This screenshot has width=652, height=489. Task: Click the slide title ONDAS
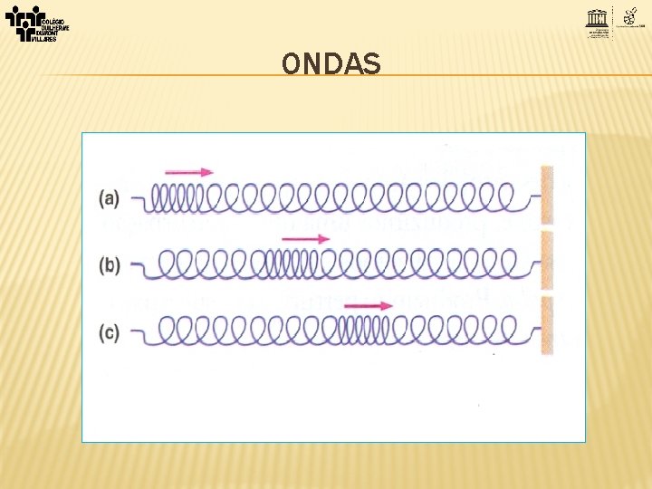coord(331,63)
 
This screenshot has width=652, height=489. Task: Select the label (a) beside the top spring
coord(110,197)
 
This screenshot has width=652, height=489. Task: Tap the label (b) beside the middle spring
coord(110,264)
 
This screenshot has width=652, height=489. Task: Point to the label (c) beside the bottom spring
coord(110,332)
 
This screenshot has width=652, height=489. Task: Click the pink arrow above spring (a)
coord(189,172)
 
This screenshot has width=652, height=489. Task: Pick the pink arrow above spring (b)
coord(305,239)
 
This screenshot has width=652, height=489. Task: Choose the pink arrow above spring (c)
coord(369,306)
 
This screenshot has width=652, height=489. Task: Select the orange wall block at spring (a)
coord(546,195)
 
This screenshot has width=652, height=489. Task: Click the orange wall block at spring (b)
coord(546,262)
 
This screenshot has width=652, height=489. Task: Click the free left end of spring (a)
coord(137,197)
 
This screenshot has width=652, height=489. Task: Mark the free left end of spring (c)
coord(137,332)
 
